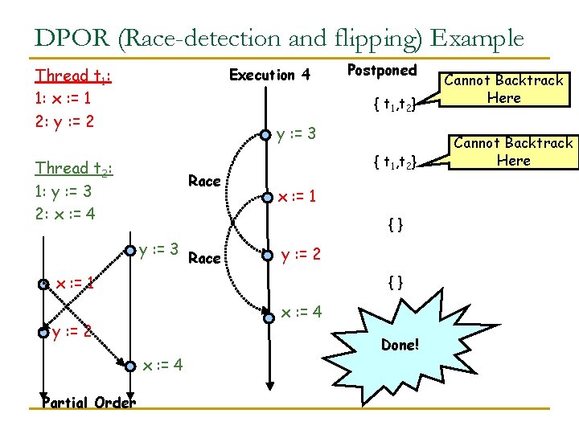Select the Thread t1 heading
[x=73, y=76]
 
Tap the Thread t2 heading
[x=73, y=169]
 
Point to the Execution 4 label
[x=269, y=76]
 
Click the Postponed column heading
[x=381, y=71]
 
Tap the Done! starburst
[x=400, y=344]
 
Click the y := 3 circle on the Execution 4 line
[x=266, y=134]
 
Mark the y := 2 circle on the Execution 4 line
[x=266, y=256]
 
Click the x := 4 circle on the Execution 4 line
[x=266, y=313]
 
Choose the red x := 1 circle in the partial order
[x=45, y=284]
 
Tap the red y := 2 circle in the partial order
[x=43, y=332]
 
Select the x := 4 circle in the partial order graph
[x=132, y=366]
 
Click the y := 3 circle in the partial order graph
[x=132, y=248]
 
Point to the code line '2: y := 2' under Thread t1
[x=64, y=121]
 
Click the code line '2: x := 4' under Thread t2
[x=64, y=213]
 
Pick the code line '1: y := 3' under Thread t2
[x=64, y=191]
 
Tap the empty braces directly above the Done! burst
[x=395, y=282]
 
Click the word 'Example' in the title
[x=477, y=38]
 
